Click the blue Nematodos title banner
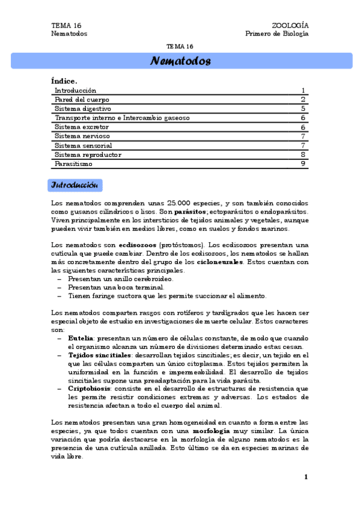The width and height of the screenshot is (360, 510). pyautogui.click(x=180, y=61)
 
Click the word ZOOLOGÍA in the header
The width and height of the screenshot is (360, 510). pyautogui.click(x=290, y=26)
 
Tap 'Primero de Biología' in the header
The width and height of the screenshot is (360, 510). pyautogui.click(x=277, y=34)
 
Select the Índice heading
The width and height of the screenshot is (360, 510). pyautogui.click(x=64, y=81)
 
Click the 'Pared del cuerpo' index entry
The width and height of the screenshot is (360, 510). pyautogui.click(x=82, y=99)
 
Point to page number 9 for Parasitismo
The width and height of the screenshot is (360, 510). pyautogui.click(x=304, y=164)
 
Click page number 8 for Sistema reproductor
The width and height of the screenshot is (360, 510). pyautogui.click(x=304, y=155)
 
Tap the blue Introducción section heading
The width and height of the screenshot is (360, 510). pyautogui.click(x=75, y=184)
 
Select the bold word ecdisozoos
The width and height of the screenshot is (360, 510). pyautogui.click(x=138, y=245)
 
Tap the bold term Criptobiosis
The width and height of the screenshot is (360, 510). pyautogui.click(x=89, y=389)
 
